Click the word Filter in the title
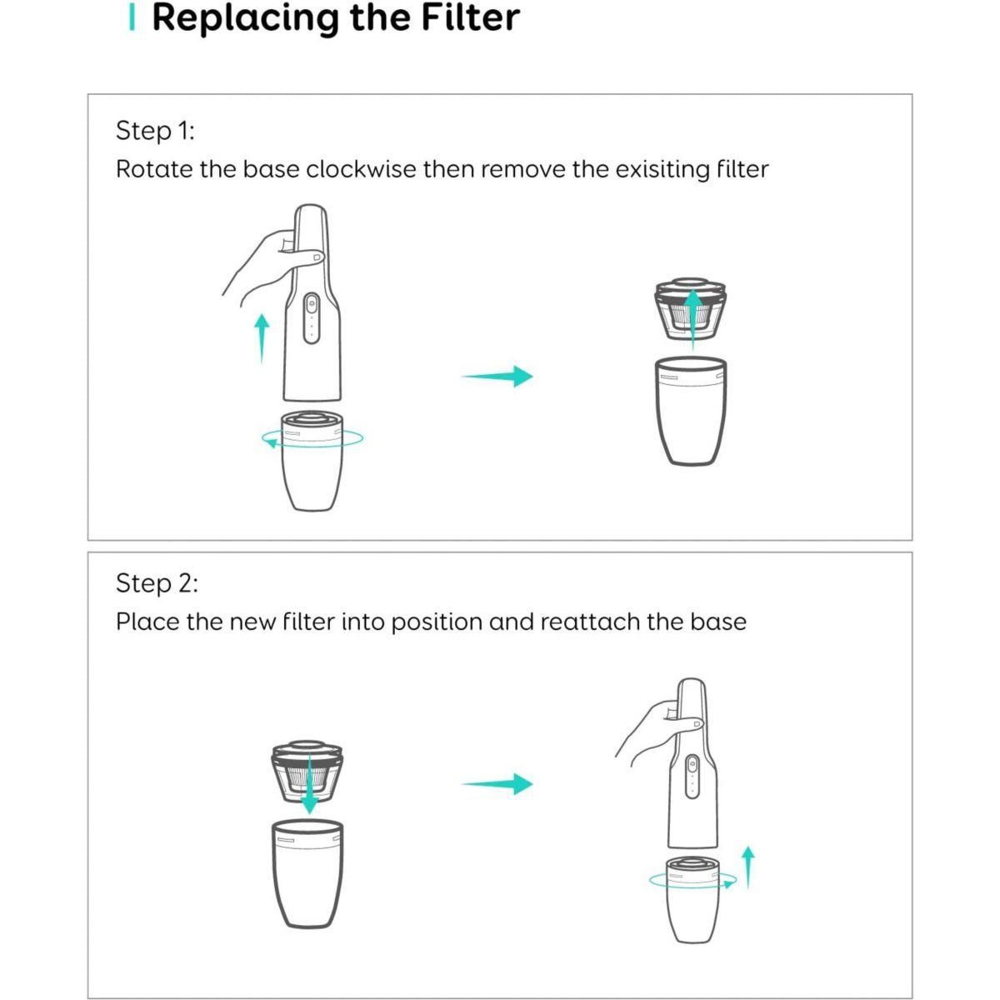coord(472,18)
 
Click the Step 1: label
coord(155,131)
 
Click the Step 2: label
coord(157,583)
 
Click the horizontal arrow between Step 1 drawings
coord(497,376)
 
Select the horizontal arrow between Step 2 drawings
coord(497,783)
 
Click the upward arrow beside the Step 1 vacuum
coord(262,337)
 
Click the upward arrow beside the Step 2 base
coord(747,867)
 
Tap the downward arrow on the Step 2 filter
coord(309,783)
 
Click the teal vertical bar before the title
coord(132,18)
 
